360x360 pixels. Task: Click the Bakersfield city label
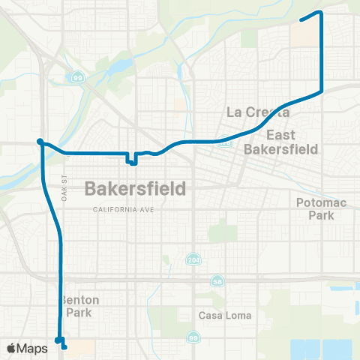pyautogui.click(x=135, y=187)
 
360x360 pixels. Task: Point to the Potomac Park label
pyautogui.click(x=319, y=208)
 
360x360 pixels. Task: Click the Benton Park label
pyautogui.click(x=82, y=306)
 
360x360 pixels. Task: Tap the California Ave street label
pyautogui.click(x=123, y=209)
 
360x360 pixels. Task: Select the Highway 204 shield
pyautogui.click(x=193, y=259)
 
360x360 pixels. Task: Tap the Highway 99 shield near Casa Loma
pyautogui.click(x=194, y=339)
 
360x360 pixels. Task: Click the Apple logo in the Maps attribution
pyautogui.click(x=11, y=348)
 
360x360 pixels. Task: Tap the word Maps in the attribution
pyautogui.click(x=33, y=348)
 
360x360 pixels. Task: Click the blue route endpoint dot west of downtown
pyautogui.click(x=40, y=141)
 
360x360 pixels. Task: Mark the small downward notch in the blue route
pyautogui.click(x=132, y=160)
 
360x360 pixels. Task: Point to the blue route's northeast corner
pyautogui.click(x=321, y=12)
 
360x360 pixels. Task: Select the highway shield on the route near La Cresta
pyautogui.click(x=223, y=140)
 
